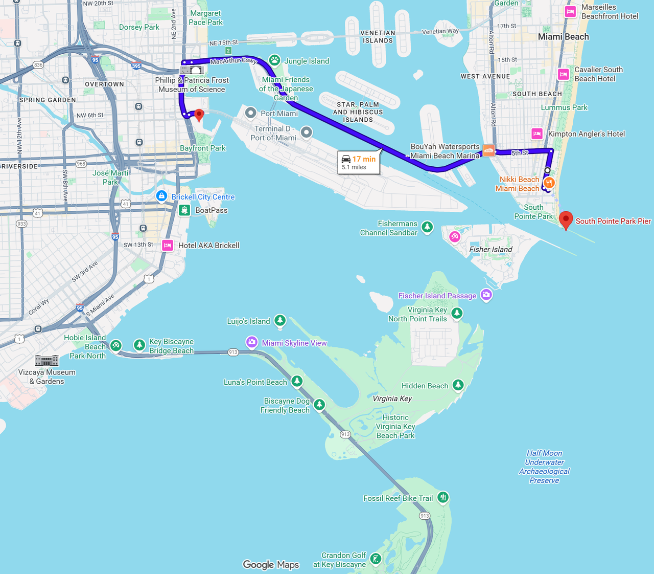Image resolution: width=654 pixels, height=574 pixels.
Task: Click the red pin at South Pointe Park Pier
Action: [566, 219]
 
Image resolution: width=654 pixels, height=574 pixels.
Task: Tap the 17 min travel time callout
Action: [359, 162]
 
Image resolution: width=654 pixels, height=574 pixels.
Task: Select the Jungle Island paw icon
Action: [275, 61]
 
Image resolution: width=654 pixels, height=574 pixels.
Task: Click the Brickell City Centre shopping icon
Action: [161, 196]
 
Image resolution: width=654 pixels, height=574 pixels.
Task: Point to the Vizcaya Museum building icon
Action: [46, 360]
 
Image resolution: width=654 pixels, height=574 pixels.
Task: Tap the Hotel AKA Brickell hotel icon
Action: [168, 245]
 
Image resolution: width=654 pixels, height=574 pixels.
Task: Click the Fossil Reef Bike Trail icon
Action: [443, 497]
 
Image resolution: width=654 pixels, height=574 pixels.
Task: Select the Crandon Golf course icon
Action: [376, 559]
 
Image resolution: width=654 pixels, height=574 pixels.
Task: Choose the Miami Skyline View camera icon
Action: [251, 342]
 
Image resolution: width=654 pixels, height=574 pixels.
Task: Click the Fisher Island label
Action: [491, 249]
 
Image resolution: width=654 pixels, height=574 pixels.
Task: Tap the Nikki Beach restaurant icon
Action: [549, 183]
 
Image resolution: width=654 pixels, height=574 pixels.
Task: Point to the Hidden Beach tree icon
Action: [458, 385]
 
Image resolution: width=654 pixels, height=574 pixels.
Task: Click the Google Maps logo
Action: [271, 564]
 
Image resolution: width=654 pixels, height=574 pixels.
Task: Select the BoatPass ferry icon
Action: [184, 210]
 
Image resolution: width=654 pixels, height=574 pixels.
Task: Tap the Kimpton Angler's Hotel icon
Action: [537, 134]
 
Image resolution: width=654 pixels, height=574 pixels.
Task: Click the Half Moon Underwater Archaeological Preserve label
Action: [544, 467]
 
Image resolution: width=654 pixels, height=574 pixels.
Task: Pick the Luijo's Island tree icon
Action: [279, 321]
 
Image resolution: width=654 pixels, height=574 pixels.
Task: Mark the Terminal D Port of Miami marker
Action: [306, 132]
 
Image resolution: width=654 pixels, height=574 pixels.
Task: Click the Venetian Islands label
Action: [378, 37]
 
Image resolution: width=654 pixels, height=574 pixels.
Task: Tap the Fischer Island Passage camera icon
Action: [486, 295]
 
